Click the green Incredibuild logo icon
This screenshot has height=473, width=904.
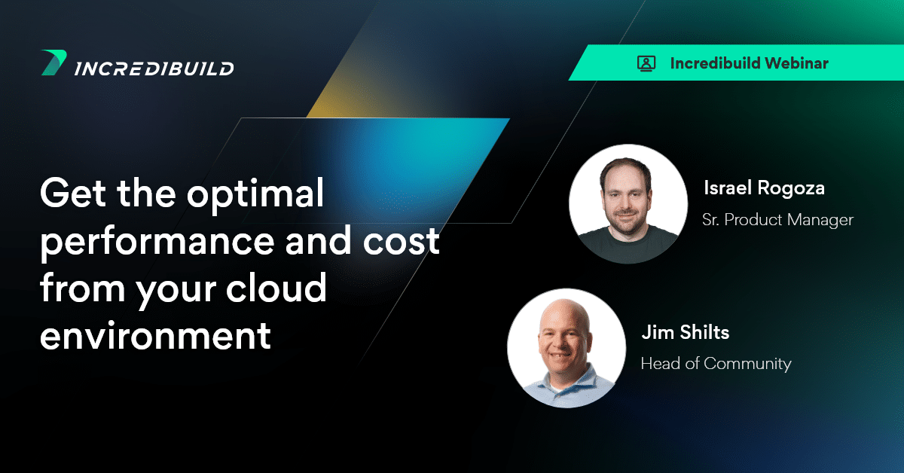pyautogui.click(x=53, y=63)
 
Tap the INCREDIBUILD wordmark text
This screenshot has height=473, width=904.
pyautogui.click(x=154, y=69)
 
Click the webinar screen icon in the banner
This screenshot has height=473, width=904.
pyautogui.click(x=646, y=64)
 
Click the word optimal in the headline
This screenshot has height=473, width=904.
pyautogui.click(x=255, y=194)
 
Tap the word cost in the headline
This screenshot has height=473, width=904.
pyautogui.click(x=401, y=241)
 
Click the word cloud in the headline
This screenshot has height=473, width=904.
pyautogui.click(x=276, y=287)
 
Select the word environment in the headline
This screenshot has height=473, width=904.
pyautogui.click(x=155, y=336)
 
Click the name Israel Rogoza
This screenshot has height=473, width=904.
pyautogui.click(x=764, y=188)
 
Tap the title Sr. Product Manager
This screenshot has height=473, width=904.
pyautogui.click(x=777, y=220)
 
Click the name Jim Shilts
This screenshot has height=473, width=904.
pyautogui.click(x=686, y=333)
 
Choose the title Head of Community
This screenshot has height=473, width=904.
pyautogui.click(x=716, y=364)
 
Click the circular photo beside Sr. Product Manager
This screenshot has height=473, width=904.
pyautogui.click(x=628, y=204)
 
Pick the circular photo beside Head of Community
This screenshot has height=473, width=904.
pyautogui.click(x=567, y=348)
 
